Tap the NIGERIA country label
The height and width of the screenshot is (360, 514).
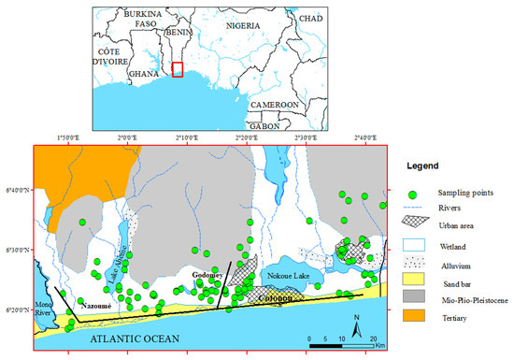point(237,40)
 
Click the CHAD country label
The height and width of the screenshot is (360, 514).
point(310,18)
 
